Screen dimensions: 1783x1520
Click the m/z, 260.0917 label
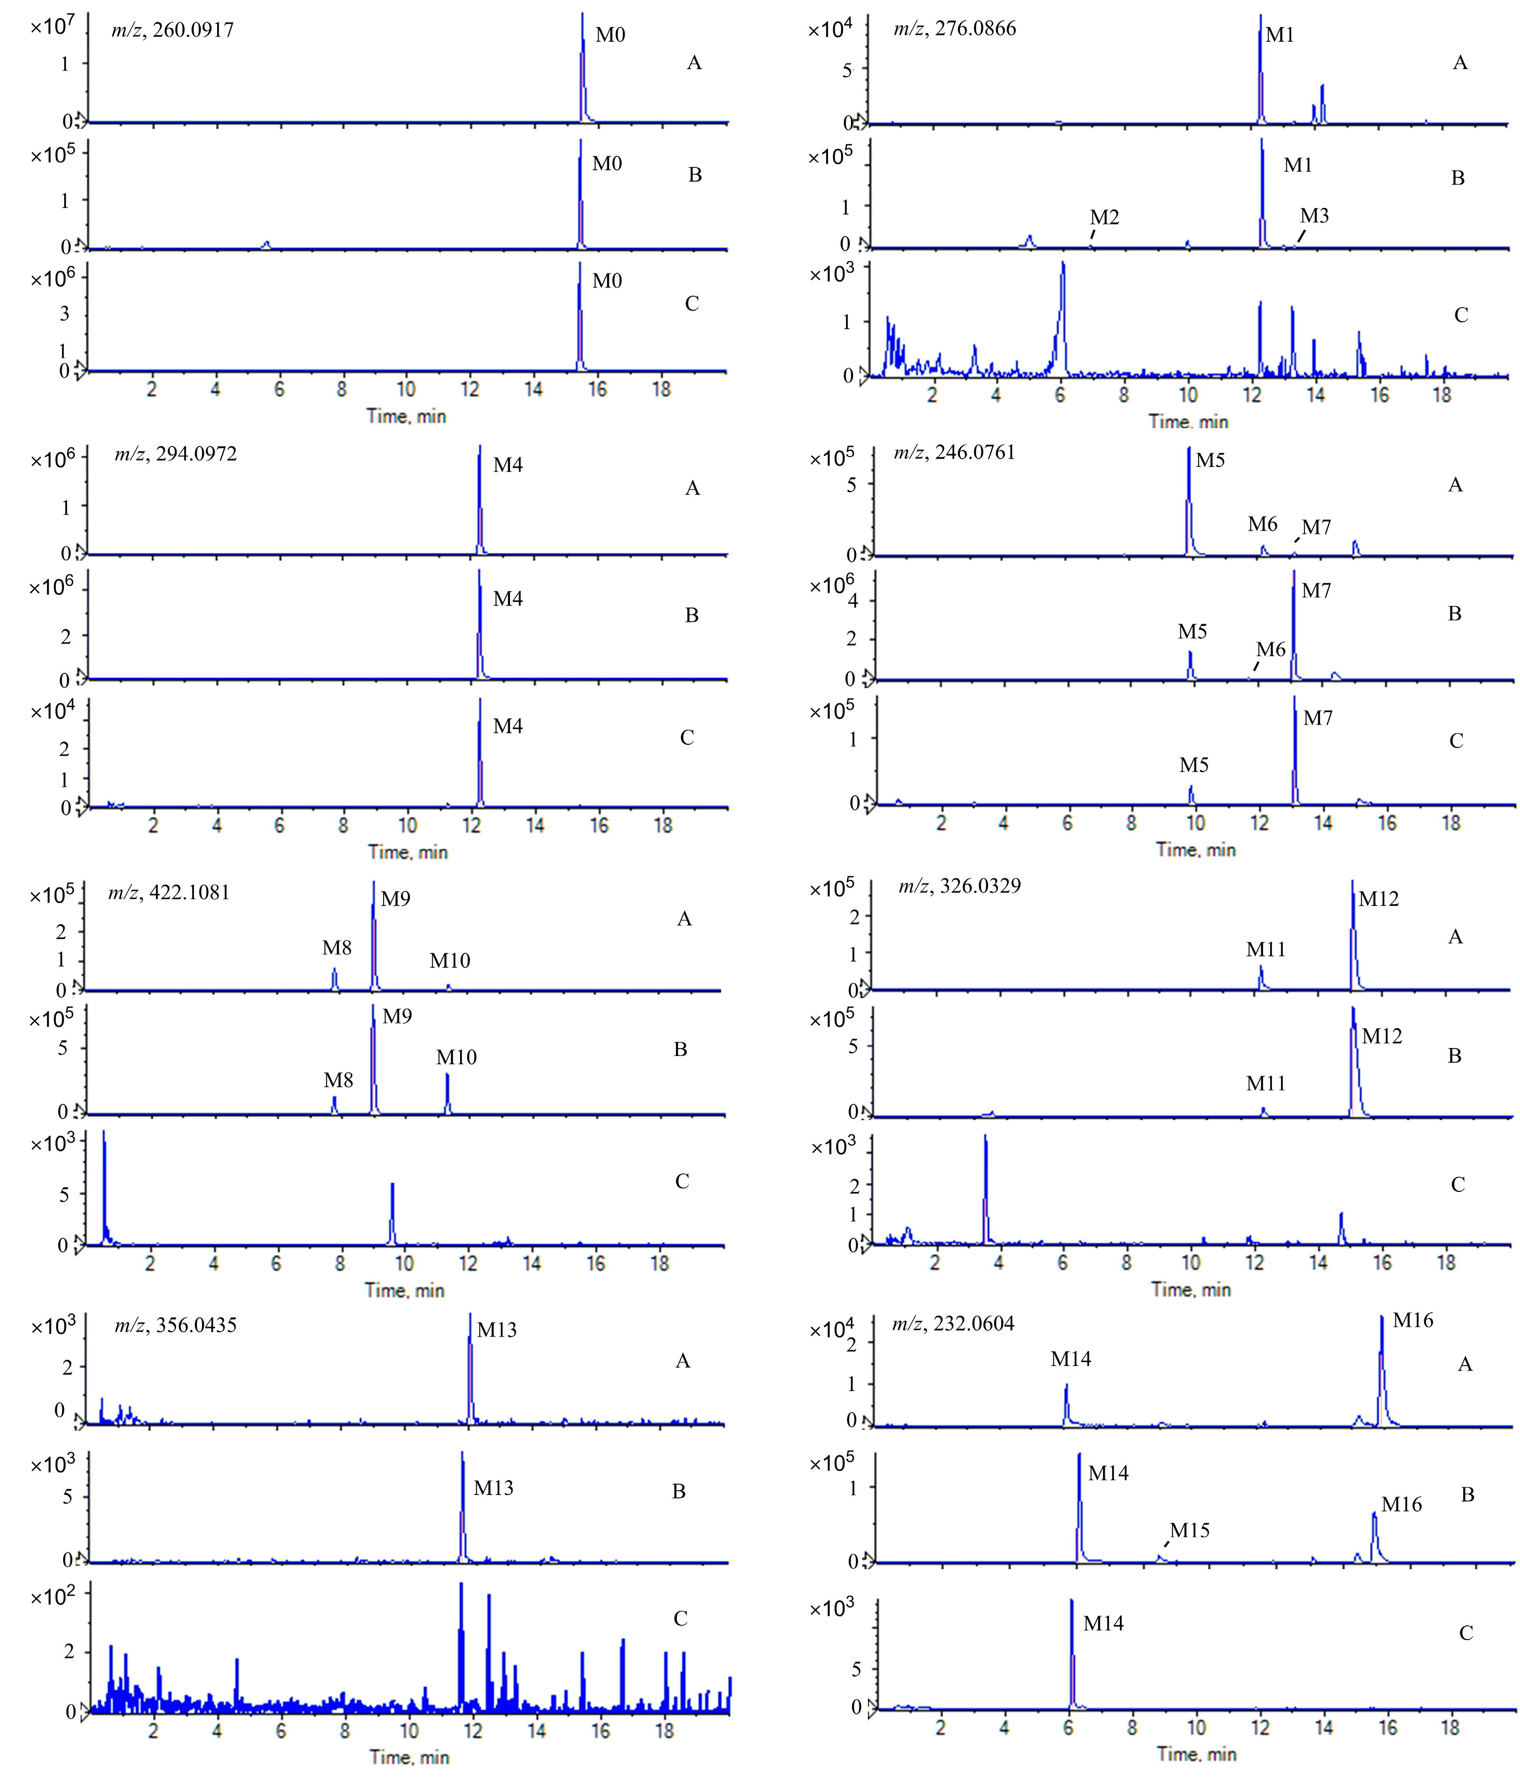pos(172,30)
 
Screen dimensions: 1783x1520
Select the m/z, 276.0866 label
pos(954,28)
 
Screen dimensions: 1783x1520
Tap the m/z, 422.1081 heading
pos(169,892)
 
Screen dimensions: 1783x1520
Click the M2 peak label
pos(1104,218)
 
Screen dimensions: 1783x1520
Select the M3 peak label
pos(1314,216)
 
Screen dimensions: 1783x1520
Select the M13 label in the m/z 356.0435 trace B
pos(493,1488)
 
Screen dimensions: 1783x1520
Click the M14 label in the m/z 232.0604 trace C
pos(1103,1624)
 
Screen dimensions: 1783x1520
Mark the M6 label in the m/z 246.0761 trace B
pos(1270,650)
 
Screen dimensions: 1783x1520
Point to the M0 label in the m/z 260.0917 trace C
pos(607,281)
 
